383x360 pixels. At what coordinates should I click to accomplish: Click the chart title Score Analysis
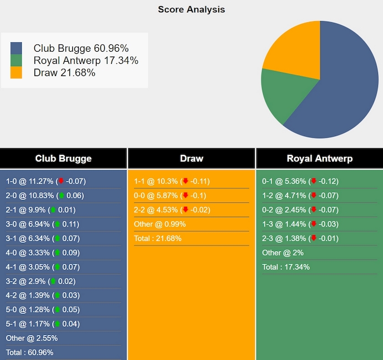191,9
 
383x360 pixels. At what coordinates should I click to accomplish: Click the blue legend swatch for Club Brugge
16,48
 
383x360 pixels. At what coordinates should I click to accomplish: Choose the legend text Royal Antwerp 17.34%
86,61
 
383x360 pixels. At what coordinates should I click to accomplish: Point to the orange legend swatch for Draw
16,73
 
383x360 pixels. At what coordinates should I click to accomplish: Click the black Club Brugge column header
63,158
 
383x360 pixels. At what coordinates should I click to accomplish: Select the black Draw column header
191,158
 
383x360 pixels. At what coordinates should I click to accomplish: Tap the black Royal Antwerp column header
319,158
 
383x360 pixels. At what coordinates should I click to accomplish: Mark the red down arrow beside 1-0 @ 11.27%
61,181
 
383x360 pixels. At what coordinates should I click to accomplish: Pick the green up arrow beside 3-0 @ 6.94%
56,224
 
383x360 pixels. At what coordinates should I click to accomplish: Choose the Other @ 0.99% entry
160,224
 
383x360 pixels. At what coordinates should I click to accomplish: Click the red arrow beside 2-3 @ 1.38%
314,238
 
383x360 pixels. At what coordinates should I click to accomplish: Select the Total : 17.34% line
286,267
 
